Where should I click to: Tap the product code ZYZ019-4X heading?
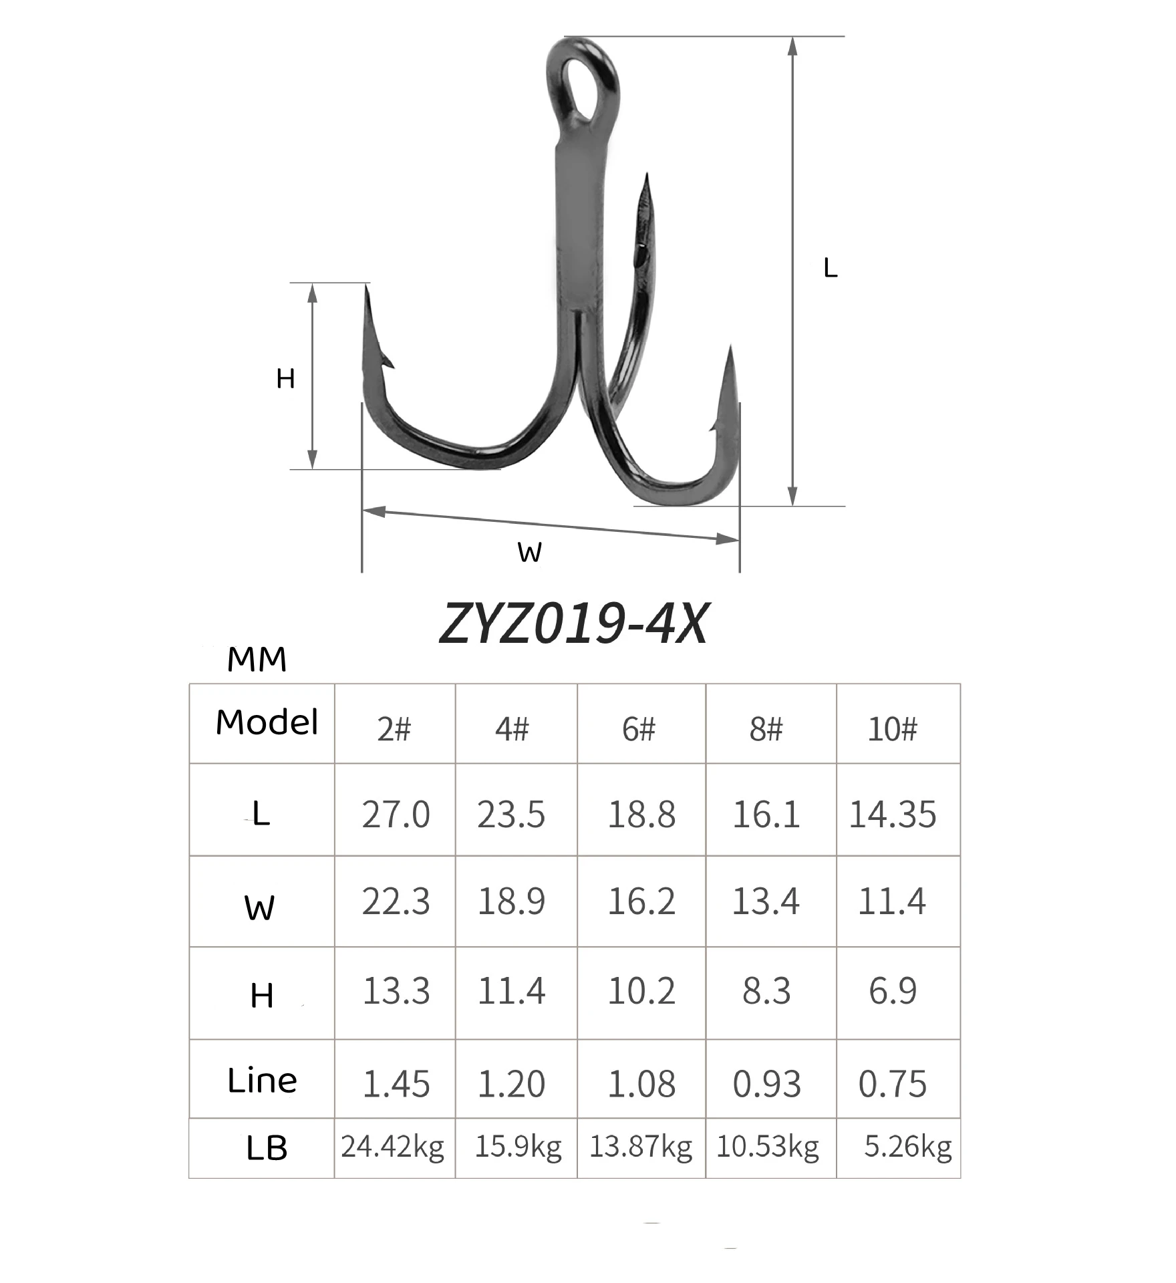tap(573, 624)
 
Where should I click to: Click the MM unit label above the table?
tap(257, 660)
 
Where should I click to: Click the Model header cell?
tap(267, 722)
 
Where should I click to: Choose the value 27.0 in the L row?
tap(396, 815)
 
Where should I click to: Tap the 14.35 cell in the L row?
tap(893, 815)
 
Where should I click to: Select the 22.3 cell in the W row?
tap(396, 901)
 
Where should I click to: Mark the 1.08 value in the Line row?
tap(641, 1083)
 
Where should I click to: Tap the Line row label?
tap(262, 1081)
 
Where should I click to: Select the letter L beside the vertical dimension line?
tap(830, 268)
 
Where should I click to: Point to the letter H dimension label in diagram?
tap(285, 379)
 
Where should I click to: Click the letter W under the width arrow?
tap(529, 553)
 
